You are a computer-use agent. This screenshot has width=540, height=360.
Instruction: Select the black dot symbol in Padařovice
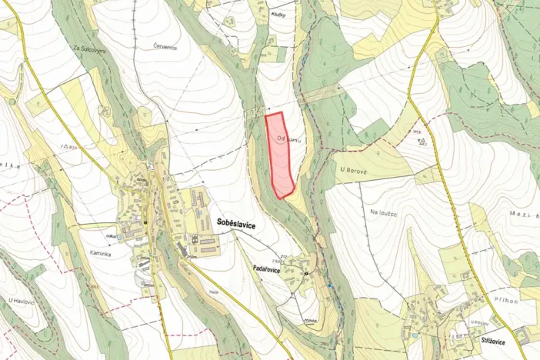tap(306, 274)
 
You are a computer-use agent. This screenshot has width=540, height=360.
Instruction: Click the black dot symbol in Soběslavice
tap(145, 222)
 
